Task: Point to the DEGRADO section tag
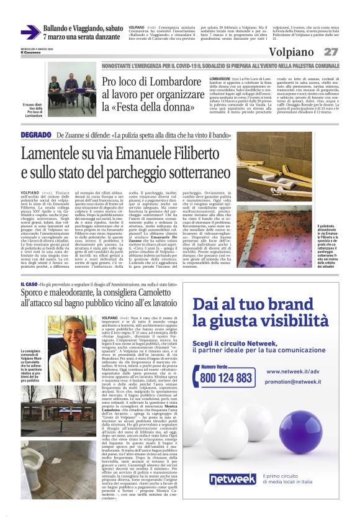(x=35, y=135)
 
